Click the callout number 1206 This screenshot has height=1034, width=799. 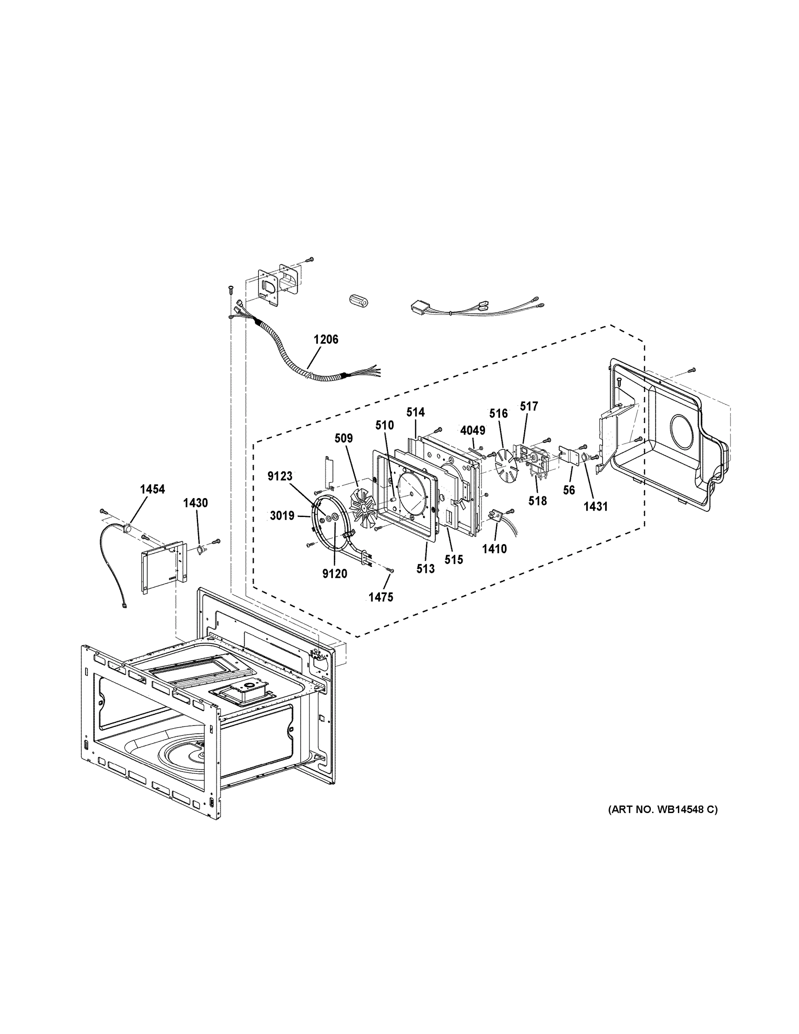pos(326,339)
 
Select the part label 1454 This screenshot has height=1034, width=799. pos(152,489)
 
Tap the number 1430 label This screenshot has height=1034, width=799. pos(196,503)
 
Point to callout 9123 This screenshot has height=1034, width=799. pos(280,476)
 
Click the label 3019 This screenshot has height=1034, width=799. pos(282,516)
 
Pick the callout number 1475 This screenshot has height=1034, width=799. pos(381,597)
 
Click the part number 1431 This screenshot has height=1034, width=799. pos(595,506)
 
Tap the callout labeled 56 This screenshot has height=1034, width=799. pos(569,490)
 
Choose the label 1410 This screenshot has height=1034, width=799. pos(494,549)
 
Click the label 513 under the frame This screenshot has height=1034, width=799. pos(425,569)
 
